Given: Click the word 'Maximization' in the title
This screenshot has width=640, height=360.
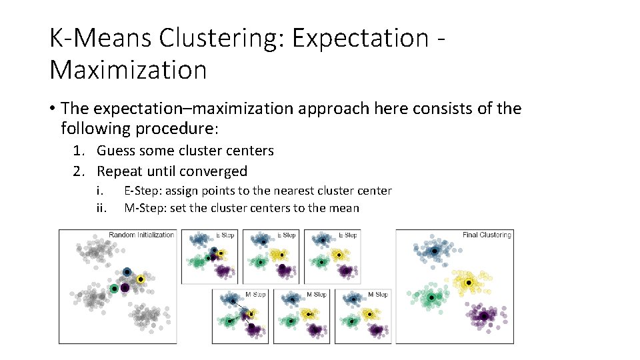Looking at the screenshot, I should click(x=128, y=69).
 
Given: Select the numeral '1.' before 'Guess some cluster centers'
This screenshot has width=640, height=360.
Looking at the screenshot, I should click(x=80, y=151).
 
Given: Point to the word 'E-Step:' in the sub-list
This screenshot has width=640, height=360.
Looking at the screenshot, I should click(x=142, y=191).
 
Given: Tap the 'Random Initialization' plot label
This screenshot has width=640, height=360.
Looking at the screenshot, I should click(x=141, y=235).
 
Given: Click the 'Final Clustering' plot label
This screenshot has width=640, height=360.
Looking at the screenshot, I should click(x=487, y=235).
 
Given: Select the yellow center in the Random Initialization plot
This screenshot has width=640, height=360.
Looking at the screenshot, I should click(x=140, y=279).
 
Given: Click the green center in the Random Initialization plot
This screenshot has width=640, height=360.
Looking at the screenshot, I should click(x=115, y=288).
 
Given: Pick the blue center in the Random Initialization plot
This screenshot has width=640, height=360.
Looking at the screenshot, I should click(x=127, y=272).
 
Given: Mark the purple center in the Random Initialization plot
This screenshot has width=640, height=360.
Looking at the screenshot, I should click(x=125, y=287).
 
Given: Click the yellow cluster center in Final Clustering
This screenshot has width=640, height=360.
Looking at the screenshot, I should click(x=469, y=283).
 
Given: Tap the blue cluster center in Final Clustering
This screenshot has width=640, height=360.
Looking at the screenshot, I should click(x=434, y=251).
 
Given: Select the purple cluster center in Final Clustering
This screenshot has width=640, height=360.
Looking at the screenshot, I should click(x=484, y=315).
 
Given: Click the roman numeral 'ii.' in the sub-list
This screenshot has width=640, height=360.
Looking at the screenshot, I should click(x=101, y=208).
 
